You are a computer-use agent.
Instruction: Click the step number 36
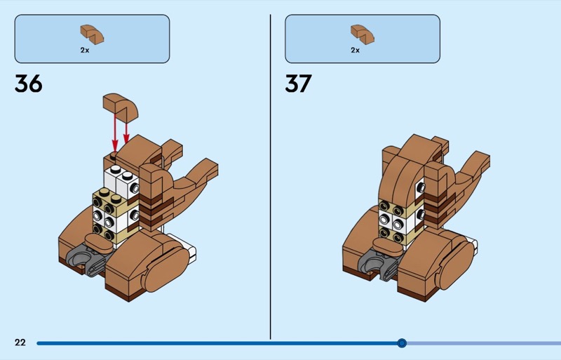(29, 84)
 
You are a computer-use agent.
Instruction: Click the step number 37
(299, 84)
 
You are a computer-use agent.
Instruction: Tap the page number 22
(20, 342)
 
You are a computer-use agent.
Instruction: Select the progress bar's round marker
(402, 343)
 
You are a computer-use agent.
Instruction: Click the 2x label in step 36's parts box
(85, 50)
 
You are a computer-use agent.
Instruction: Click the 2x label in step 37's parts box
(356, 50)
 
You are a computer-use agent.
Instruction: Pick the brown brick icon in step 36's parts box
(92, 34)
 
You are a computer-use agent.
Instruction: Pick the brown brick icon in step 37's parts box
(363, 34)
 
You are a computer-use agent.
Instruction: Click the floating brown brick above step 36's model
(120, 106)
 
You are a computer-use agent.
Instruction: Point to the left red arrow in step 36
(115, 133)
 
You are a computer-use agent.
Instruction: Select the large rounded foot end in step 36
(166, 269)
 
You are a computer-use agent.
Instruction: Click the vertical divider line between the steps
(271, 177)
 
